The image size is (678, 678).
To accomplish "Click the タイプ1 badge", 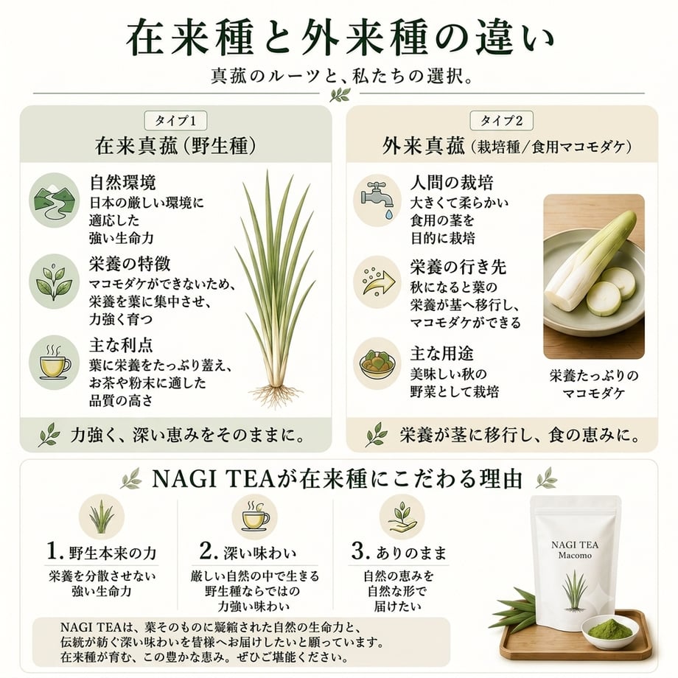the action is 175,121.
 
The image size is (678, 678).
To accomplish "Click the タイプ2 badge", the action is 502,121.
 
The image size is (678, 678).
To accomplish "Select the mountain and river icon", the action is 54,200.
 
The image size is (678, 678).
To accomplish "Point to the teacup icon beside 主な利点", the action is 55,363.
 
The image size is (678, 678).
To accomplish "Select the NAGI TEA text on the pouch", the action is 575,545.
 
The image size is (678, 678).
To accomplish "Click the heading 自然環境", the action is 123,183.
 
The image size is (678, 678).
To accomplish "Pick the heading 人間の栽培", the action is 452,183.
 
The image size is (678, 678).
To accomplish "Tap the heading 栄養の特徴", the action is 130,264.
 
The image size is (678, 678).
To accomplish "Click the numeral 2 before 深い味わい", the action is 206,551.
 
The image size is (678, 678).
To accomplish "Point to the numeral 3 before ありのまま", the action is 358,551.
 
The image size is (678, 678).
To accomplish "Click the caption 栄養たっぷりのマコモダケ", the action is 594,384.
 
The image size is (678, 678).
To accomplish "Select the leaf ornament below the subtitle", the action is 340,94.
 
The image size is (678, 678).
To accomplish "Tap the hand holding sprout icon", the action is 402,517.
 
